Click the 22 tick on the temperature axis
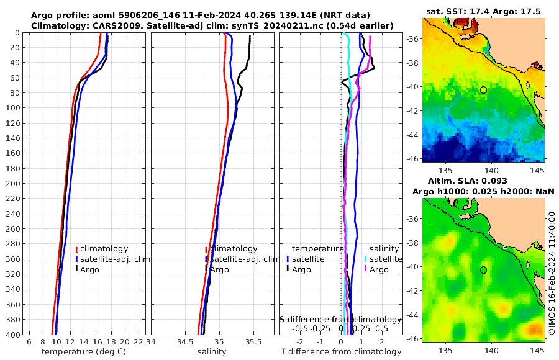pyautogui.click(x=139, y=342)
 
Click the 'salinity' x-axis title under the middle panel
pyautogui.click(x=211, y=352)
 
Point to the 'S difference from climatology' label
pyautogui.click(x=340, y=319)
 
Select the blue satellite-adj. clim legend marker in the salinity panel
pyautogui.click(x=206, y=259)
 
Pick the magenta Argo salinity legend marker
pyautogui.click(x=366, y=269)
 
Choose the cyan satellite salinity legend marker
pyautogui.click(x=366, y=259)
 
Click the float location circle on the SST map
pyautogui.click(x=483, y=90)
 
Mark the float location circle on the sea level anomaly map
pyautogui.click(x=483, y=270)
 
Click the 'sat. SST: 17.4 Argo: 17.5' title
pyautogui.click(x=483, y=11)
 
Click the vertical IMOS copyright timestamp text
pyautogui.click(x=552, y=273)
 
